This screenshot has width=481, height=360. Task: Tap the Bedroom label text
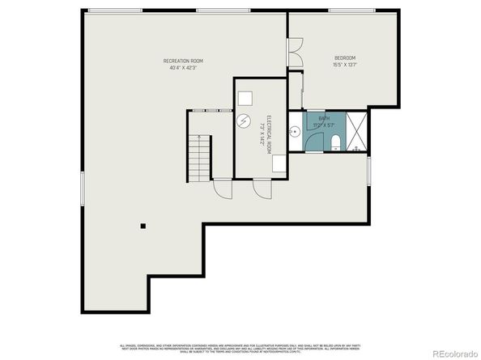tap(345, 57)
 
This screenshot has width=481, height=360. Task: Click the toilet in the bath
tap(334, 144)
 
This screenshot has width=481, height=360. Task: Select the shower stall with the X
tap(357, 133)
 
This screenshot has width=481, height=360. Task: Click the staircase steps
tap(198, 158)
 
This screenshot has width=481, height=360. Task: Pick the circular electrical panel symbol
tap(243, 122)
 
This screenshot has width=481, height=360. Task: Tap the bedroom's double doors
tap(295, 52)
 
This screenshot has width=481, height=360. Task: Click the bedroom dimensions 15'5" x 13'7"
tap(345, 65)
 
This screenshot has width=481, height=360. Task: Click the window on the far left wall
tap(83, 188)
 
